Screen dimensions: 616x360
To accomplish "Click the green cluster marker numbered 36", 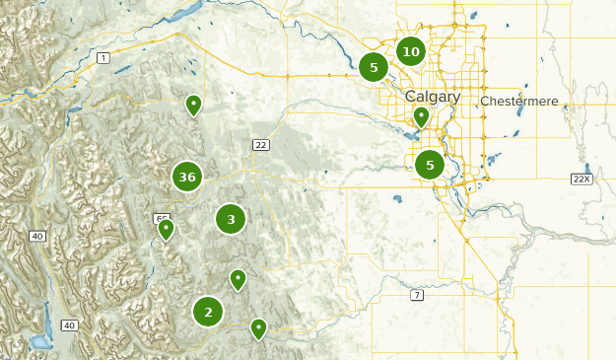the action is coord(187,178).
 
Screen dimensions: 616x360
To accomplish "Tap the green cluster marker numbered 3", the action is coord(231,219).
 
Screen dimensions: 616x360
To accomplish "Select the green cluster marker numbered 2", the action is coord(208,313).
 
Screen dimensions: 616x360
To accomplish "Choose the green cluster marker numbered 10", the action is coord(411,51).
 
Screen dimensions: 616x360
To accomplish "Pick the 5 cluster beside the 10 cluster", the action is coord(374,67).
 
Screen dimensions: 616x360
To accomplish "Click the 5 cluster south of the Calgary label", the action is coord(430,165).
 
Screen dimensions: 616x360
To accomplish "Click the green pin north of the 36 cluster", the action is coord(194,104).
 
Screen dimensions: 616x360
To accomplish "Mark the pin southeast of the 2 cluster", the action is coord(258,327).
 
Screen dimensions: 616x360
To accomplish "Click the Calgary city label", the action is coord(432,97).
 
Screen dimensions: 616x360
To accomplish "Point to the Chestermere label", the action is coord(519,102).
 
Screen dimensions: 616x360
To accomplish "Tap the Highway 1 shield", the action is coord(103,59).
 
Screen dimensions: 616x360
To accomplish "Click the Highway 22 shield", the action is coord(260,145).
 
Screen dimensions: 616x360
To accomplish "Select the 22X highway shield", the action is coord(582,179).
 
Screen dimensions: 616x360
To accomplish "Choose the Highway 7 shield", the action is coord(418,295).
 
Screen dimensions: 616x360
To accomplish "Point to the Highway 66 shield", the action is coord(159,218).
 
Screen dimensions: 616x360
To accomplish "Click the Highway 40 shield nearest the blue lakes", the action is coord(69,325).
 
